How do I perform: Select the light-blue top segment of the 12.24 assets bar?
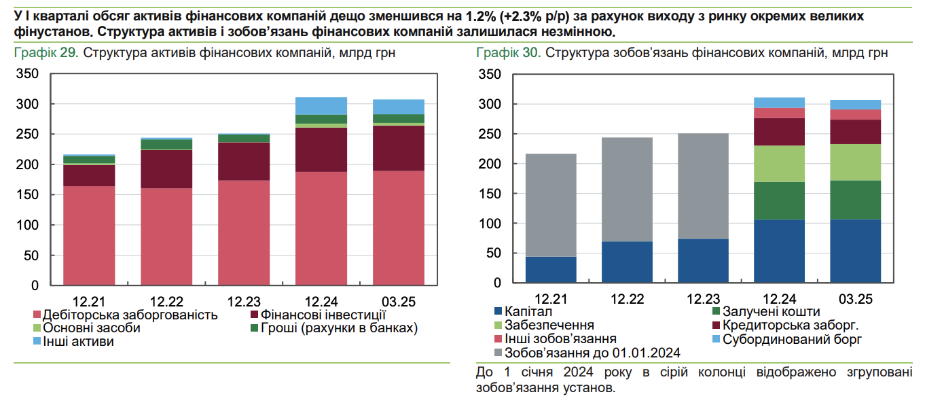tap(321, 106)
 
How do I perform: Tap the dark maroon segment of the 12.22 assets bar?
tap(166, 169)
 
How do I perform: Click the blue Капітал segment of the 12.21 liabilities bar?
tap(551, 270)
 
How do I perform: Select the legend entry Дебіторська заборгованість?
tap(130, 315)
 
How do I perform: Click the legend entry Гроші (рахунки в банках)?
tap(340, 328)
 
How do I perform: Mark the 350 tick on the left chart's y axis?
tap(28, 74)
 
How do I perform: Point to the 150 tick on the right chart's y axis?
tap(490, 194)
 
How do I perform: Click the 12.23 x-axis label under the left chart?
tap(244, 300)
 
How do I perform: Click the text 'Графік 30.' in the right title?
tap(509, 52)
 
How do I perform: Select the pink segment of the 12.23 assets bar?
tap(244, 231)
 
